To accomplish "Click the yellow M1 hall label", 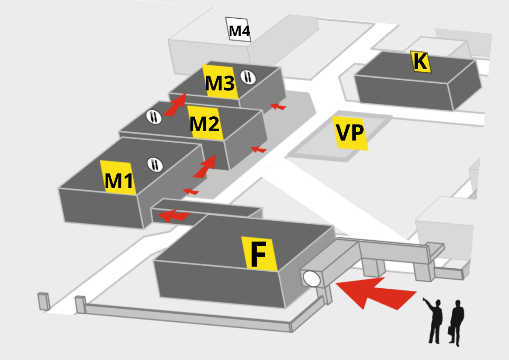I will pos(118,179).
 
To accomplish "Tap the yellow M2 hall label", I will pos(205,123).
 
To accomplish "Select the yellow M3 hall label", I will pos(219,82).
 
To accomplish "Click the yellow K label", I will pos(421,62).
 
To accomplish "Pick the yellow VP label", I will pos(350,133).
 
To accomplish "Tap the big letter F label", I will pos(259,254).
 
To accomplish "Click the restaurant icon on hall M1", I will pos(155,164).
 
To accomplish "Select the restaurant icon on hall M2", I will pos(154,117).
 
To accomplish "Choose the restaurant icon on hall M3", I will pos(248,76).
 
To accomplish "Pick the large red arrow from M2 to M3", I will pos(175,105).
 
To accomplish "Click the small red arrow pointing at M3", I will pos(278,106).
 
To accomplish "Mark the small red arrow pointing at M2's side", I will pos(258,149).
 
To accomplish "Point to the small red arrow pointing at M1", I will pos(191,191).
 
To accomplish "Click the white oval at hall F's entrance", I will pos(312,278).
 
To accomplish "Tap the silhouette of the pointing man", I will pos(435,321).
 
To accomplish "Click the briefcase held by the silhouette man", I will pos(451,331).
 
